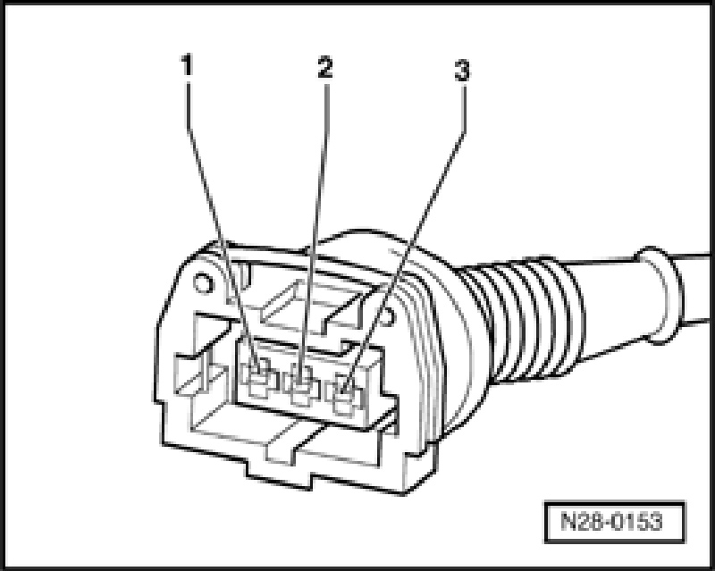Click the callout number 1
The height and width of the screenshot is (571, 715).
[186, 65]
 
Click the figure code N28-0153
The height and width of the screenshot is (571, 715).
[608, 520]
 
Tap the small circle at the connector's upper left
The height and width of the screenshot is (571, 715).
[202, 283]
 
